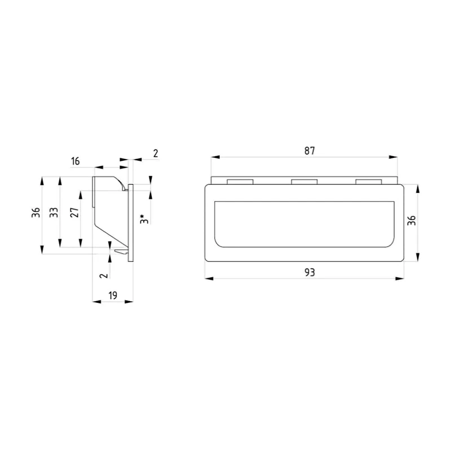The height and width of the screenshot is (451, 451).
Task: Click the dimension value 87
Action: tap(309, 151)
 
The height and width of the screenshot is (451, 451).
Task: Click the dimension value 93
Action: tap(309, 272)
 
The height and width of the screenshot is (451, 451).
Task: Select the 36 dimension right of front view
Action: tap(412, 220)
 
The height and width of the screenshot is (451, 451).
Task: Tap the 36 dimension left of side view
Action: tap(36, 213)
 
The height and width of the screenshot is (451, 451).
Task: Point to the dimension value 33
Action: tap(54, 213)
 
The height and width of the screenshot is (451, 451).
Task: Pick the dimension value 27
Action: tap(74, 213)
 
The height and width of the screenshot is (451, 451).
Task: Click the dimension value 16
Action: tap(75, 161)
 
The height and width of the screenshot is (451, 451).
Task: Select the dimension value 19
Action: tap(113, 295)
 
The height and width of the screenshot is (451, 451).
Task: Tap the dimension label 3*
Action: tap(144, 219)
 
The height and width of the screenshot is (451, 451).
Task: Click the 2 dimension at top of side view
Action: tap(156, 153)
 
